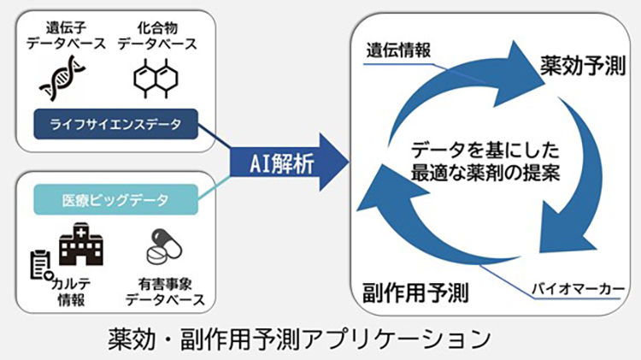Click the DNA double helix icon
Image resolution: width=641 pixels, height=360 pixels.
(62, 78)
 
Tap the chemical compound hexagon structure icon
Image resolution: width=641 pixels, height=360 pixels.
(156, 78)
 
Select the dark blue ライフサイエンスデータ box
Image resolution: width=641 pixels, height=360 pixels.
(115, 124)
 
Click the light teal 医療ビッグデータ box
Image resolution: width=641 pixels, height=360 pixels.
(115, 199)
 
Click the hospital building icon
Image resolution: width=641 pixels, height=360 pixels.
(81, 245)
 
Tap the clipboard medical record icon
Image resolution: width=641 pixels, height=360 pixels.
(41, 266)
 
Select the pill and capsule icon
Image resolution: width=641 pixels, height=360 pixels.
(164, 246)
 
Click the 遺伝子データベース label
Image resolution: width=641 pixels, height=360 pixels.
(66, 36)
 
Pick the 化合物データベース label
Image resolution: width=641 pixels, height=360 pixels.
(157, 36)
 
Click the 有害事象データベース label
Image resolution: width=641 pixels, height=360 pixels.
(165, 292)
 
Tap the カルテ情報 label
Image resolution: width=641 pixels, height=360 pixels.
(71, 292)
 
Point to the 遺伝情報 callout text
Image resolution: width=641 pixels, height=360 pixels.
(398, 50)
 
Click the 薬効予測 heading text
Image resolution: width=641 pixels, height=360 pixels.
(583, 66)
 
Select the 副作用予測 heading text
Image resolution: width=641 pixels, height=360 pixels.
(415, 292)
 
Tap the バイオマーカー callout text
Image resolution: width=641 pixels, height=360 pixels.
(578, 289)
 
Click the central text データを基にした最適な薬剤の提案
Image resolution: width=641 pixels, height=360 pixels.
(485, 161)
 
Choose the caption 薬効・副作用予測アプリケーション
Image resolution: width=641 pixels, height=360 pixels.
(300, 339)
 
